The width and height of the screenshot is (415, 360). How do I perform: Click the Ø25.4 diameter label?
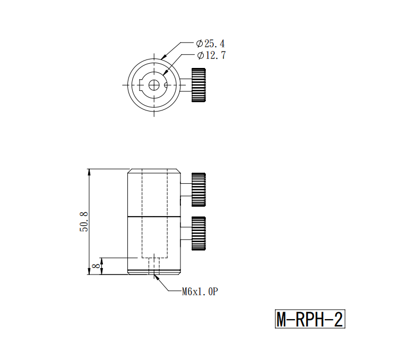pos(210,44)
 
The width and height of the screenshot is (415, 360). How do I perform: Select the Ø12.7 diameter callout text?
pos(211,55)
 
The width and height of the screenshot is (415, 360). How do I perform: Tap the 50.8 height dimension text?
pos(84,222)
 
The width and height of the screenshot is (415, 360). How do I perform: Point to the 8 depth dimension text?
pos(97,265)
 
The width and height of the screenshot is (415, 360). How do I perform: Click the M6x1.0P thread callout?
pos(200,292)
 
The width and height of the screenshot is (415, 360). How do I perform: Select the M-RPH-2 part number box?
pos(310,319)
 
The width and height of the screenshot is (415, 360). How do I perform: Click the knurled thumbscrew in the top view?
pos(198,85)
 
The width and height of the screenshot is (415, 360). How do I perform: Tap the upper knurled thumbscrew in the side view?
pos(198,190)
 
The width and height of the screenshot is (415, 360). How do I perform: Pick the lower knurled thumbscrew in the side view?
pos(198,234)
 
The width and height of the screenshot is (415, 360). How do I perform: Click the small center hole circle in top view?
pos(154,85)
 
